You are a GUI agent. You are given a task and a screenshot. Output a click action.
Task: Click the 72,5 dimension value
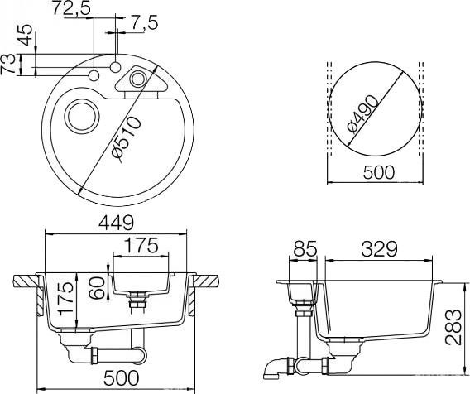(x=72, y=9)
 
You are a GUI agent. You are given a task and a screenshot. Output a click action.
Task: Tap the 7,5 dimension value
(x=143, y=22)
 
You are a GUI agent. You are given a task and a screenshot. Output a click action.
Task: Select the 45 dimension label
(x=25, y=37)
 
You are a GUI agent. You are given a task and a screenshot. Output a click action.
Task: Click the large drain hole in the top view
(x=83, y=116)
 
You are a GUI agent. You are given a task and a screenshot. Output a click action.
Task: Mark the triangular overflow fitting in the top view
(x=136, y=79)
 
